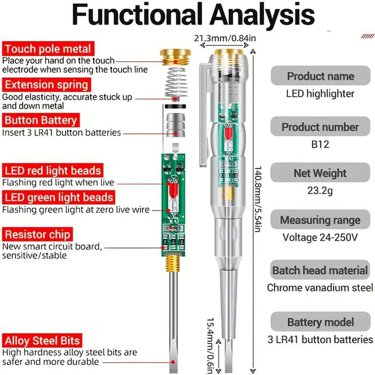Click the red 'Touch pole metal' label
[48, 49]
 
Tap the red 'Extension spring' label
[46, 85]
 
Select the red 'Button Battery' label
[41, 120]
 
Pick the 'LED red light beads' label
[52, 171]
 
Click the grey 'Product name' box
[320, 76]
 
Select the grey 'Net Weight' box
[320, 173]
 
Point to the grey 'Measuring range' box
[320, 220]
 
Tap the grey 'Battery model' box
[320, 322]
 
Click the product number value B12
[320, 144]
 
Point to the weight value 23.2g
[320, 190]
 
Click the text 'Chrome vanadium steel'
[320, 287]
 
